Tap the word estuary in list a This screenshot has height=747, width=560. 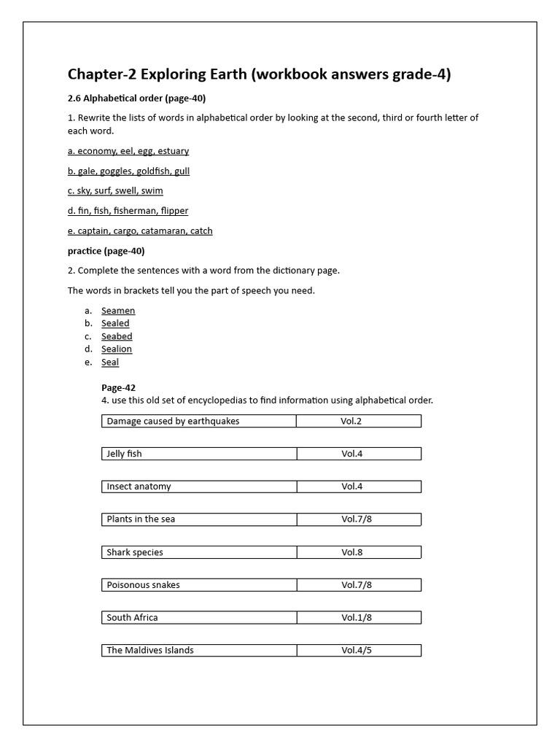coord(172,151)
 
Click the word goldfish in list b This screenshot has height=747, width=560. coord(152,171)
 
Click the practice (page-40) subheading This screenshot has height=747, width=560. coord(106,251)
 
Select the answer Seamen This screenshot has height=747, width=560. coord(118,311)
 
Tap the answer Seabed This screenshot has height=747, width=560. coord(117,336)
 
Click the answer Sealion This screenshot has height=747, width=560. coord(117,349)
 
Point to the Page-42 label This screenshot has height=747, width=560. coord(118,388)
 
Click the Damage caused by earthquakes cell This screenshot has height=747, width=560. coord(198,421)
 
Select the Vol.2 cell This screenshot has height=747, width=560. coord(359,421)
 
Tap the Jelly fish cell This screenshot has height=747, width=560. coord(198,454)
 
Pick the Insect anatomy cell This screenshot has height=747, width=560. coord(198,487)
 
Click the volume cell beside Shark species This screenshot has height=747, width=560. coord(359,552)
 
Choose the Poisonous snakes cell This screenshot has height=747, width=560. coord(198,585)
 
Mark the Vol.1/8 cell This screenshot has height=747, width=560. coord(359,618)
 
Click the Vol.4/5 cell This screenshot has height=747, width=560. coord(359,650)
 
